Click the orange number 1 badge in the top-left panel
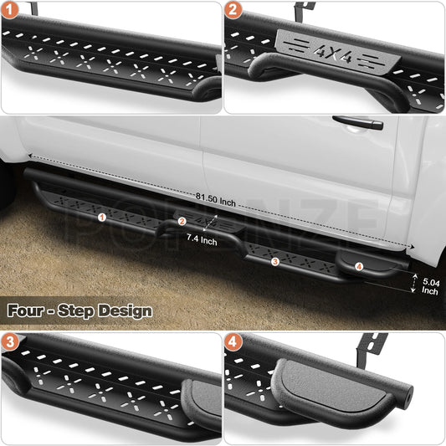[9, 10]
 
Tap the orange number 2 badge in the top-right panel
[233, 10]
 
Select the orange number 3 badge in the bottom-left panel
[9, 341]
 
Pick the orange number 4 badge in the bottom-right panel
[233, 341]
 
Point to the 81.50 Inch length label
[216, 199]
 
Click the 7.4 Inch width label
[202, 239]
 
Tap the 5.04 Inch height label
[431, 286]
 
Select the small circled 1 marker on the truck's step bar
[102, 218]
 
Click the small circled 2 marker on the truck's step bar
[182, 221]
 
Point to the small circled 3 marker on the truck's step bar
[275, 261]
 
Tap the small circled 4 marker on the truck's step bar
[359, 267]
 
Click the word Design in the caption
[125, 311]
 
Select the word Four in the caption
[25, 310]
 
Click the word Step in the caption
[75, 311]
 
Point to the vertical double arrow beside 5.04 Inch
[414, 283]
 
